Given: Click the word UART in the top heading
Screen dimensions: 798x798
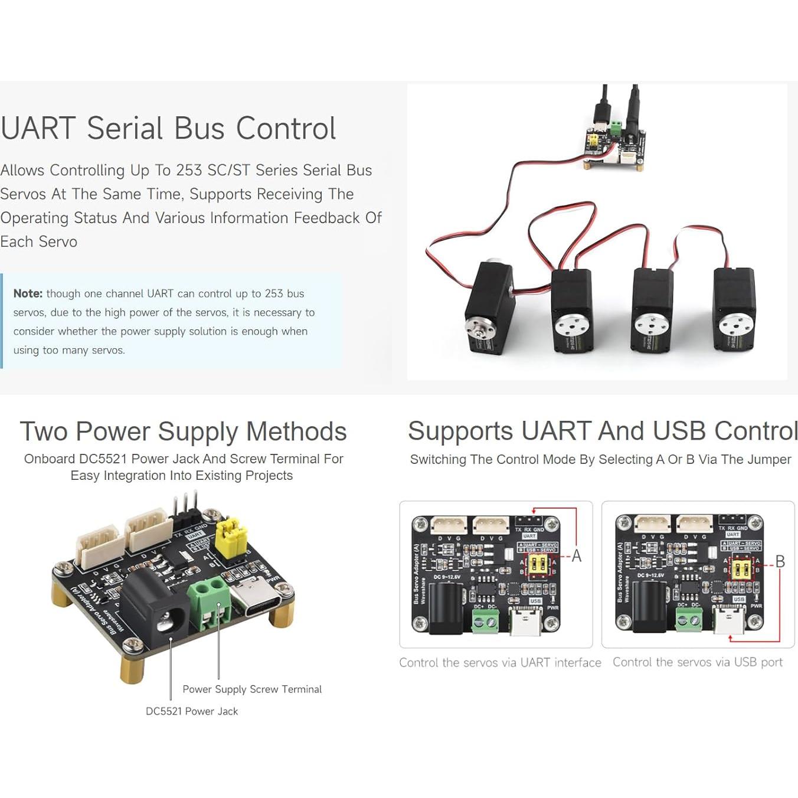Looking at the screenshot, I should [x=38, y=129].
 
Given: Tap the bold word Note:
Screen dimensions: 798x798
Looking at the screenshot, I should [x=28, y=293].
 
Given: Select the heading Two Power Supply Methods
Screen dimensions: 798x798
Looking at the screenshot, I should [x=183, y=431].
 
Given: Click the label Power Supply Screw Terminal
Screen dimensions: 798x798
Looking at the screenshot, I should [x=252, y=689].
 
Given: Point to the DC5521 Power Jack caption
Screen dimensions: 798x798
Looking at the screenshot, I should [x=192, y=711].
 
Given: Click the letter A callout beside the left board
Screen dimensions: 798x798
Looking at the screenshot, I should [x=577, y=556].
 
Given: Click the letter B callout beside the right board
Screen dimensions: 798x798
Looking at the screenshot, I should [x=780, y=561].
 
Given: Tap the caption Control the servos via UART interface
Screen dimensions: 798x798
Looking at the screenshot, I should [x=500, y=662].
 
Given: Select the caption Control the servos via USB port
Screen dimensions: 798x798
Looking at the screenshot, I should [x=698, y=662].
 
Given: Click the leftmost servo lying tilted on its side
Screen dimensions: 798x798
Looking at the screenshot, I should [x=489, y=308].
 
